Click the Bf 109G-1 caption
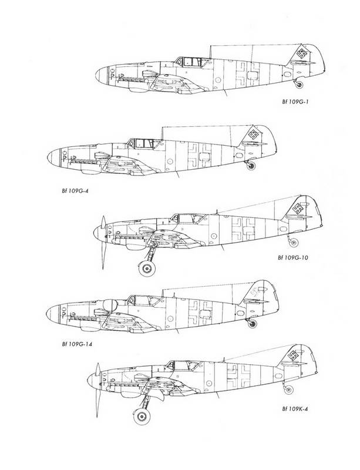[x=295, y=102]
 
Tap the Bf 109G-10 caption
[x=292, y=257]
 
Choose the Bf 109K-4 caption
[x=295, y=408]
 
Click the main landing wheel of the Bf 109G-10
[x=147, y=268]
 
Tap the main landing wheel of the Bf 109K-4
[x=142, y=417]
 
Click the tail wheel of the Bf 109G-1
[x=298, y=85]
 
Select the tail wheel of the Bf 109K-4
[x=288, y=390]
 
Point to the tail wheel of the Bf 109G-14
[x=252, y=324]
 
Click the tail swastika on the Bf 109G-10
[x=298, y=208]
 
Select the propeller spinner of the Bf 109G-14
[x=52, y=314]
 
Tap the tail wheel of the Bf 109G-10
[x=293, y=243]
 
